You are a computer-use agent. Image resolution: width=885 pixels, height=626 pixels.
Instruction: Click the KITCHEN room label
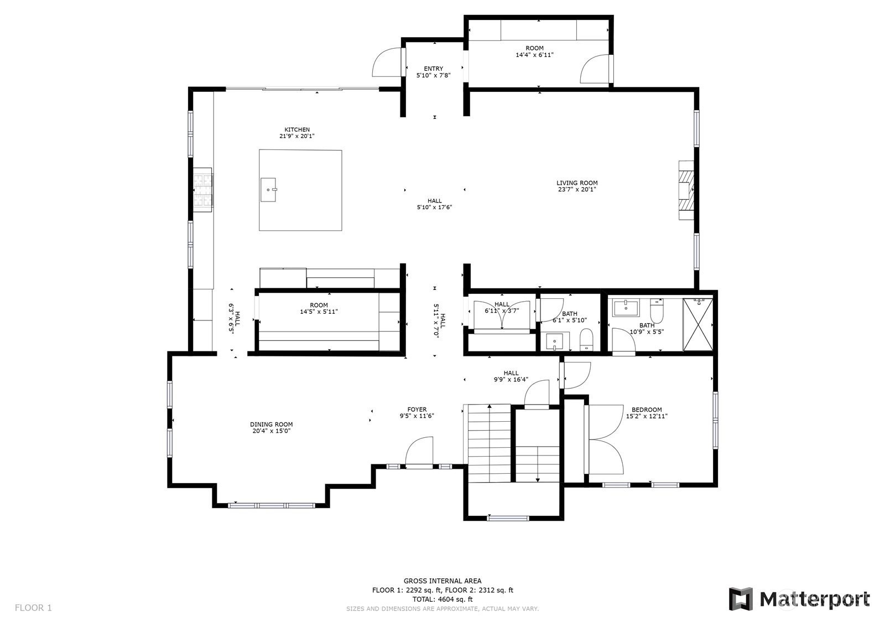pos(297,130)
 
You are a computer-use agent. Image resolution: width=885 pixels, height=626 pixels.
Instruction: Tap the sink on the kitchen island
pos(268,190)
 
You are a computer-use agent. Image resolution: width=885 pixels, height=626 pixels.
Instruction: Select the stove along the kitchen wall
pos(202,188)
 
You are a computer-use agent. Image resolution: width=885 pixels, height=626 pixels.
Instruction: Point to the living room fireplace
pos(686,190)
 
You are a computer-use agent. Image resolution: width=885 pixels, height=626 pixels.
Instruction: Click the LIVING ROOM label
pos(577,183)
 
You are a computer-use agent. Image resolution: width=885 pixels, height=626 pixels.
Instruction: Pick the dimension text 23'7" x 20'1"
pos(577,189)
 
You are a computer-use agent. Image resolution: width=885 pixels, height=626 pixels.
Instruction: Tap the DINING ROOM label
pos(272,425)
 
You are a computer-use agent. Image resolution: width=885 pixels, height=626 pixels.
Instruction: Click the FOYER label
pos(417,410)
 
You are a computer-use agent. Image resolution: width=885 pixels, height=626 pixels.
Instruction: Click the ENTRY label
pos(434,69)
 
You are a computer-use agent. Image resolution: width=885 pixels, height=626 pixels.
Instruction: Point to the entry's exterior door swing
pos(387,63)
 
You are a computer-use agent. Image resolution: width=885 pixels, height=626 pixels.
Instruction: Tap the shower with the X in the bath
pos(698,325)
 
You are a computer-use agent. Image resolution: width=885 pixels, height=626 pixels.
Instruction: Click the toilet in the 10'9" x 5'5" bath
pos(657,311)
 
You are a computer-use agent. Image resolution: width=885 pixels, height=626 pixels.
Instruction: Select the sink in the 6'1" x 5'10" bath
pos(555,342)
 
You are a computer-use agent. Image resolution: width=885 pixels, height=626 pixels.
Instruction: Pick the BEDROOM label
pos(647,410)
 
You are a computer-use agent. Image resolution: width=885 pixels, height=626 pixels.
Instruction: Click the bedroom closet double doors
pos(605,439)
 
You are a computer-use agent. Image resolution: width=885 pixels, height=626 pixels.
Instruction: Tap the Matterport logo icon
pos(741,599)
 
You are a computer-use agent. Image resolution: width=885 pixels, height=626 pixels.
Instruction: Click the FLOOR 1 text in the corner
pos(33,608)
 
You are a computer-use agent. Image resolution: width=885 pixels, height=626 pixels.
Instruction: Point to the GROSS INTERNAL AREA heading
pos(442,581)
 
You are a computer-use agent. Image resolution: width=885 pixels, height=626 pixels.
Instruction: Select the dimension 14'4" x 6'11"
pos(534,55)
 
